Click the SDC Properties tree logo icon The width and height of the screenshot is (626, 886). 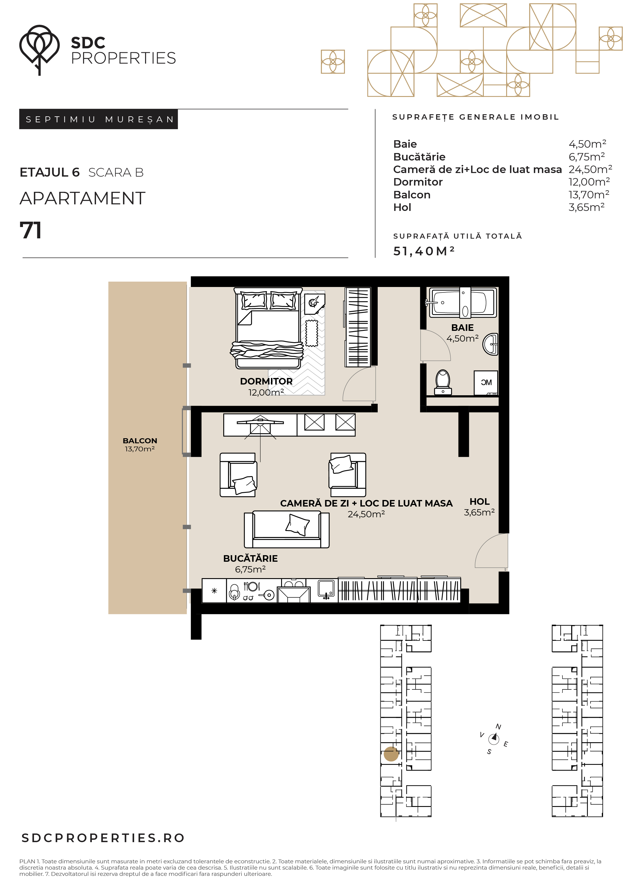[x=39, y=50]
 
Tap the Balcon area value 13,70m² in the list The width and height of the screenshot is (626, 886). [x=588, y=195]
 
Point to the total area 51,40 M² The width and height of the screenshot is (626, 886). [x=424, y=251]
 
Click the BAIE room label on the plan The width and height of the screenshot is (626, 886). [x=462, y=328]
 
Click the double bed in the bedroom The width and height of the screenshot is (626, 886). [x=268, y=328]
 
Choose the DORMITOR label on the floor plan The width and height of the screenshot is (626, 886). [x=266, y=381]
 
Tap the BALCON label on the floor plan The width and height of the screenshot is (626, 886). [x=140, y=441]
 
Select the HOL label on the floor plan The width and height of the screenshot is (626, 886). [x=479, y=502]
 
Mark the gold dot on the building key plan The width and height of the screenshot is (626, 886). [x=391, y=754]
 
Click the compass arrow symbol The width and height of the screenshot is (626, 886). [x=494, y=739]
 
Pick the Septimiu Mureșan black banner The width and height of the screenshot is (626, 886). [x=98, y=119]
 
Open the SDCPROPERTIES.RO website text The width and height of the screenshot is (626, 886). [x=103, y=838]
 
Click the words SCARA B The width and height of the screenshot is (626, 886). [x=116, y=172]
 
